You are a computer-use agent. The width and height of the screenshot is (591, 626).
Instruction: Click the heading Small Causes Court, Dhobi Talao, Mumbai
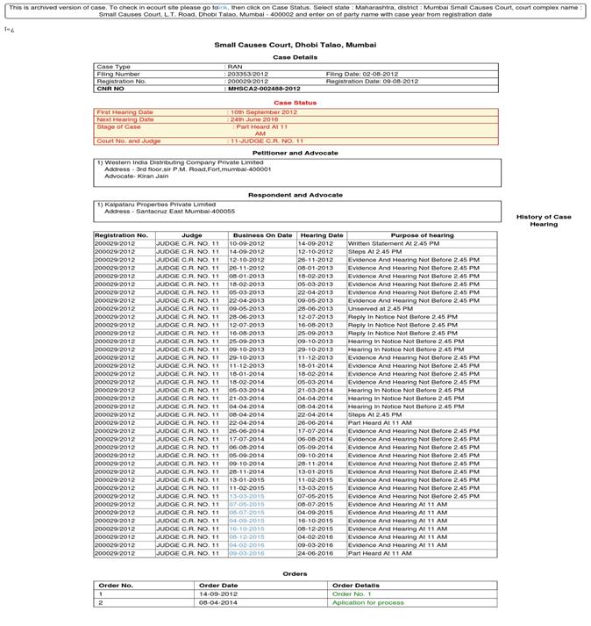[295, 44]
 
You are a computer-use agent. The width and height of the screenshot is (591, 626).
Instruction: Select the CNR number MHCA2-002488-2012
[264, 89]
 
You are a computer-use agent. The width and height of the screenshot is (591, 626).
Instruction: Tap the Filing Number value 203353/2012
[248, 74]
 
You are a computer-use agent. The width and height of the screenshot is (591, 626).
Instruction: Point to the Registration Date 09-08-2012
[372, 82]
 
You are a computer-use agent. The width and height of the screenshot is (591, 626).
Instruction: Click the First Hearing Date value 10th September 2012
[263, 112]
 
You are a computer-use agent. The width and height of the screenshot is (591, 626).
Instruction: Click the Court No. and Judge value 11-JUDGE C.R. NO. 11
[267, 140]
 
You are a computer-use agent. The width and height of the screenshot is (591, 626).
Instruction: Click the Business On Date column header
[262, 235]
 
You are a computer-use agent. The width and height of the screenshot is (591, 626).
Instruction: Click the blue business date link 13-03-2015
[246, 496]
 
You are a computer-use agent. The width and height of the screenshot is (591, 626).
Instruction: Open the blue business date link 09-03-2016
[246, 553]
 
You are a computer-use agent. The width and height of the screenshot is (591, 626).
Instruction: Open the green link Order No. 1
[352, 594]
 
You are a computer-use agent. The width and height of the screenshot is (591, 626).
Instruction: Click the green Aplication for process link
[367, 603]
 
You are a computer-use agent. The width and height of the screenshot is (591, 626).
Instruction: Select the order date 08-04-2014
[218, 603]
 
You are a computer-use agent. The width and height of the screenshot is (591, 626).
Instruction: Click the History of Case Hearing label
[543, 220]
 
